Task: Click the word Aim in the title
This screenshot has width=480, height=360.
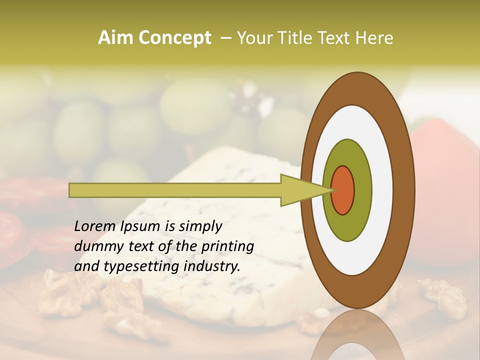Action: point(116,38)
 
